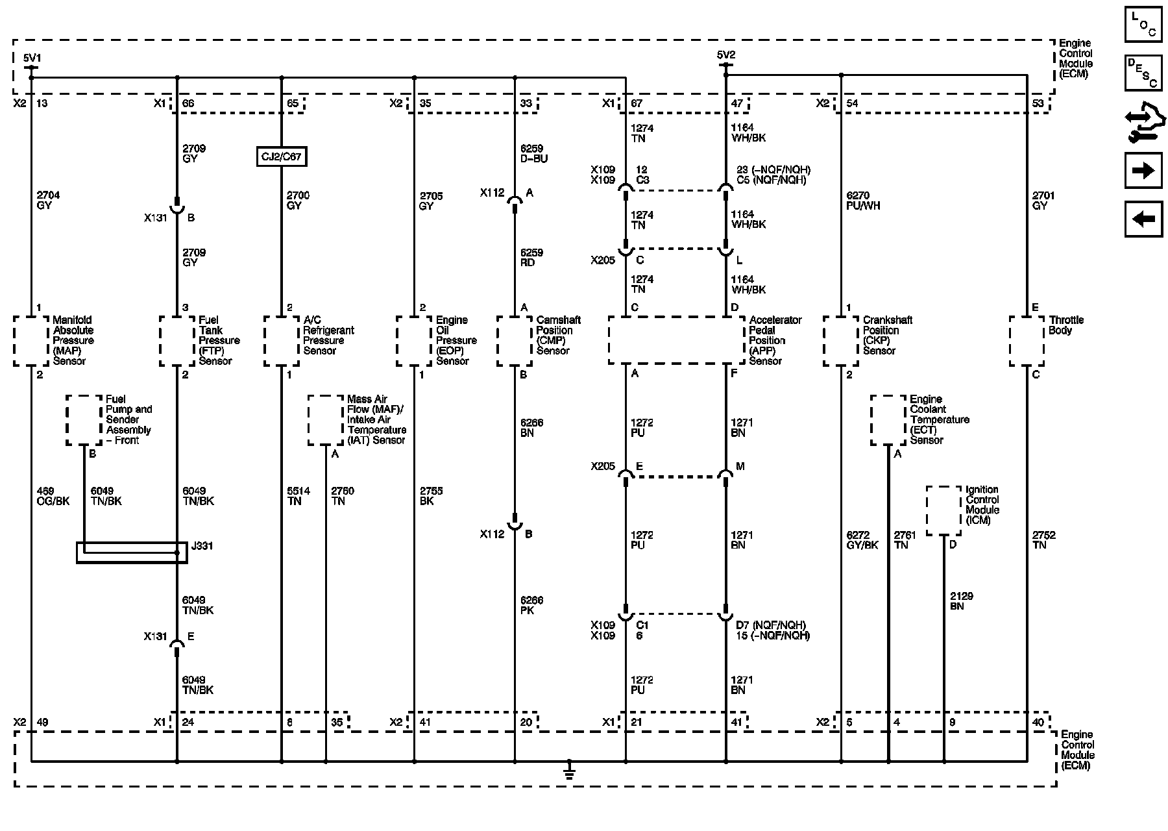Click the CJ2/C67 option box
(x=281, y=156)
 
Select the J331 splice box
(x=132, y=552)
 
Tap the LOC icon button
(x=1143, y=25)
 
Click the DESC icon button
(x=1143, y=73)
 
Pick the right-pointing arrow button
(x=1143, y=171)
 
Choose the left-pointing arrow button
(x=1143, y=219)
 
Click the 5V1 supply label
(x=31, y=57)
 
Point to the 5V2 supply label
(x=726, y=55)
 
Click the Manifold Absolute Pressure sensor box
(x=31, y=341)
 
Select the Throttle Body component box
(x=1027, y=341)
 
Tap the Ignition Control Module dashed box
(x=943, y=510)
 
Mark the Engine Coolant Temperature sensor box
(x=888, y=420)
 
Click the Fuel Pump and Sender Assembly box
(x=84, y=420)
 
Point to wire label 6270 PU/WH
(x=863, y=201)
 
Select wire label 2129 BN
(x=961, y=601)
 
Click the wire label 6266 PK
(x=531, y=606)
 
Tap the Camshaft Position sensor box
(x=515, y=341)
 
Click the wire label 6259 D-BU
(x=533, y=154)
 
